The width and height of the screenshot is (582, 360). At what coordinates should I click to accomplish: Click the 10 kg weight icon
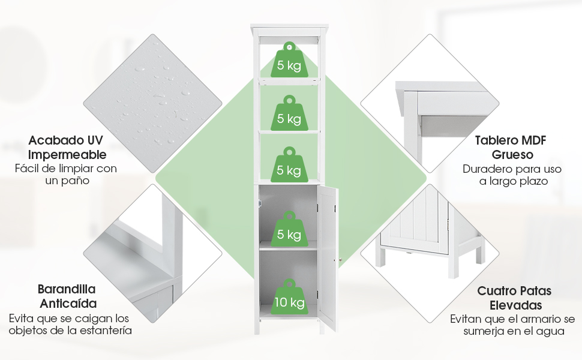click(x=289, y=299)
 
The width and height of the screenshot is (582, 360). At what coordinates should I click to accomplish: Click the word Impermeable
click(x=67, y=155)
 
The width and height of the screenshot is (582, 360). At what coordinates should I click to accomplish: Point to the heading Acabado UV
click(x=65, y=140)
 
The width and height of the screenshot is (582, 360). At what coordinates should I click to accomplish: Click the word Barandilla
click(x=67, y=289)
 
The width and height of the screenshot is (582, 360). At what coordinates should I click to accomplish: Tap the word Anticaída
click(x=68, y=303)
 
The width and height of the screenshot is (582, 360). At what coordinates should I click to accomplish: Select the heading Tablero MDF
click(x=511, y=140)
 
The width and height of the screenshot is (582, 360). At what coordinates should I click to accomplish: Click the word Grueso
click(x=512, y=155)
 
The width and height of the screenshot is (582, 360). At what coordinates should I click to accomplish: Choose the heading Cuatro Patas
click(x=514, y=290)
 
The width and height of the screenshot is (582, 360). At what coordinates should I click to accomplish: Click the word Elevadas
click(x=515, y=305)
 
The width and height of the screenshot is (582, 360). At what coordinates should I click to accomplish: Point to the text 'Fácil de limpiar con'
click(x=66, y=169)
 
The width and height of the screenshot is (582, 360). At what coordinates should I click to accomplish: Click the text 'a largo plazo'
click(x=514, y=181)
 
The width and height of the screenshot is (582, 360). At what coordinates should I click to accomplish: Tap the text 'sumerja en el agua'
click(x=514, y=331)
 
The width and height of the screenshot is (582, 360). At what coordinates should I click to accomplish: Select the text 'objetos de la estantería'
click(x=70, y=330)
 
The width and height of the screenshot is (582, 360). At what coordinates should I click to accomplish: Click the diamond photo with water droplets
click(x=152, y=103)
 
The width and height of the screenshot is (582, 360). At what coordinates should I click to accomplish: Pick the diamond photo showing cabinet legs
click(x=430, y=253)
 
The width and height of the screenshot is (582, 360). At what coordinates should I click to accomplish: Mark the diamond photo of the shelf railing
click(x=152, y=253)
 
